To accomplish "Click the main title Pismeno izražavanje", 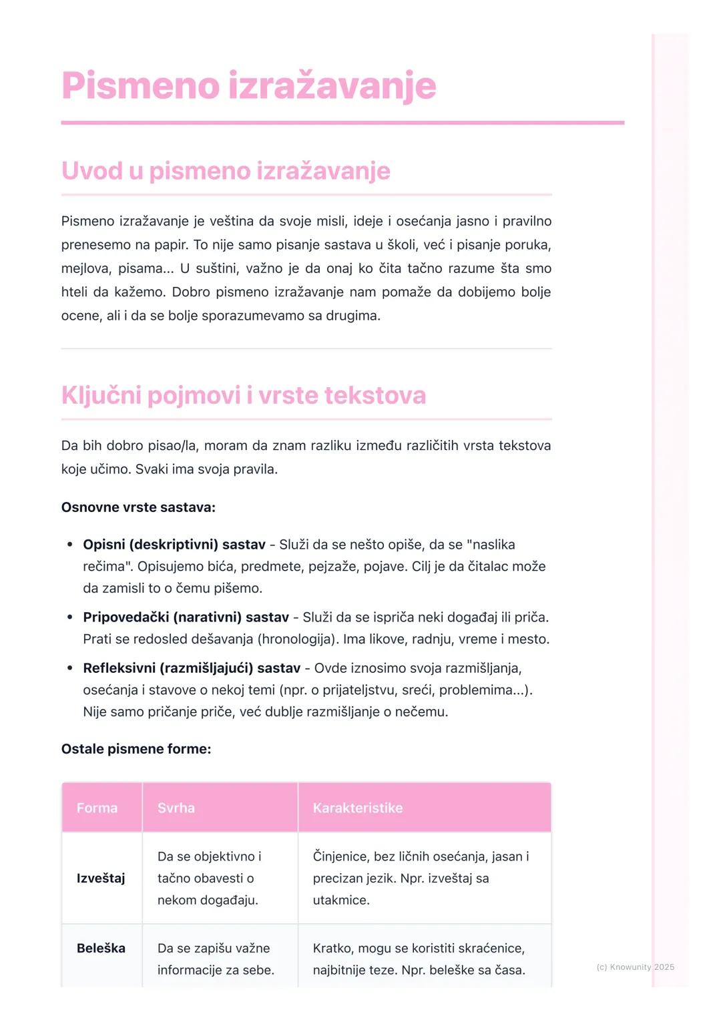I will point(248,86).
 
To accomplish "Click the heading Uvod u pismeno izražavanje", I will point(226,171).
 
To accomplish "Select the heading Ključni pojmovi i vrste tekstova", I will point(243,395).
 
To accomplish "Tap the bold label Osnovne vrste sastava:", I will point(138,507).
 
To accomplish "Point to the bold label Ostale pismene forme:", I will point(136,749).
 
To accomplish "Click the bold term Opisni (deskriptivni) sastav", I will point(174,545).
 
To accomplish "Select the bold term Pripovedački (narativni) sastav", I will point(186,617).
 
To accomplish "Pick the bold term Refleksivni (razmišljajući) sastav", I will point(192,668).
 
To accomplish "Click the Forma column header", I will point(97,808).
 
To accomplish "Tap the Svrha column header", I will point(176,808).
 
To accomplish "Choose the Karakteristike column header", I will point(358,808).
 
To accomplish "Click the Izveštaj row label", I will point(101,878).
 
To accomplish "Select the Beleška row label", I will point(101,949).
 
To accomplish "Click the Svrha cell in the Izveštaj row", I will point(209,878).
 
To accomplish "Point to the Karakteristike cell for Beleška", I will point(419,959).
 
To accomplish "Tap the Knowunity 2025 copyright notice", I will point(635,967).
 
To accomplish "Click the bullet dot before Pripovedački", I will point(69,617).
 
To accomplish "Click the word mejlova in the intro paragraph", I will point(85,268).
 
